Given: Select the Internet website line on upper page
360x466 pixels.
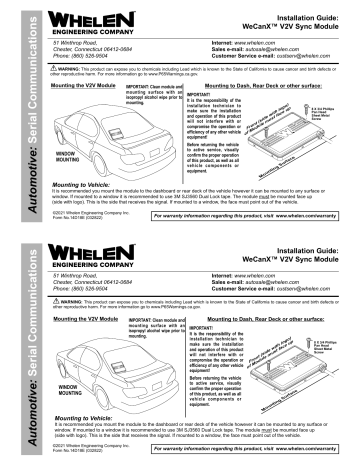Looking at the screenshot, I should [x=250, y=43].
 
